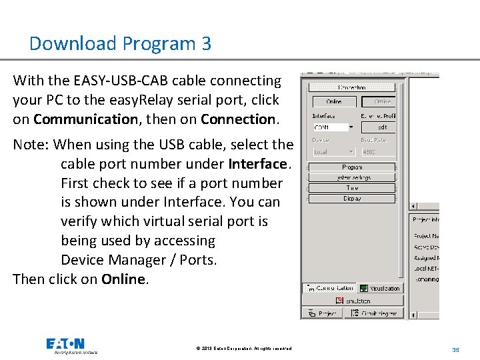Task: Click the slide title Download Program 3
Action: coord(120,44)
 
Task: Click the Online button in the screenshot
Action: coord(334,102)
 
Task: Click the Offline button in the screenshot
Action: coord(379,102)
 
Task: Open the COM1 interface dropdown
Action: coord(351,127)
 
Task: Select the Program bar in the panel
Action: coord(351,167)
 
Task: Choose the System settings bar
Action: coord(351,178)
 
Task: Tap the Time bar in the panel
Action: coord(351,188)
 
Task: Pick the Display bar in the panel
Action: coord(351,199)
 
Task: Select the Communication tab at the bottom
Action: coord(329,288)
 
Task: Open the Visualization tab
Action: coord(380,288)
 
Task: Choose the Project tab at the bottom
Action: coord(323,313)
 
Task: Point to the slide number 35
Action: coord(456,349)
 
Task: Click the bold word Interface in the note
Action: coord(257,164)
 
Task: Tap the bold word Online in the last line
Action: coord(123,279)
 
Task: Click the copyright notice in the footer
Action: coord(244,349)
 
